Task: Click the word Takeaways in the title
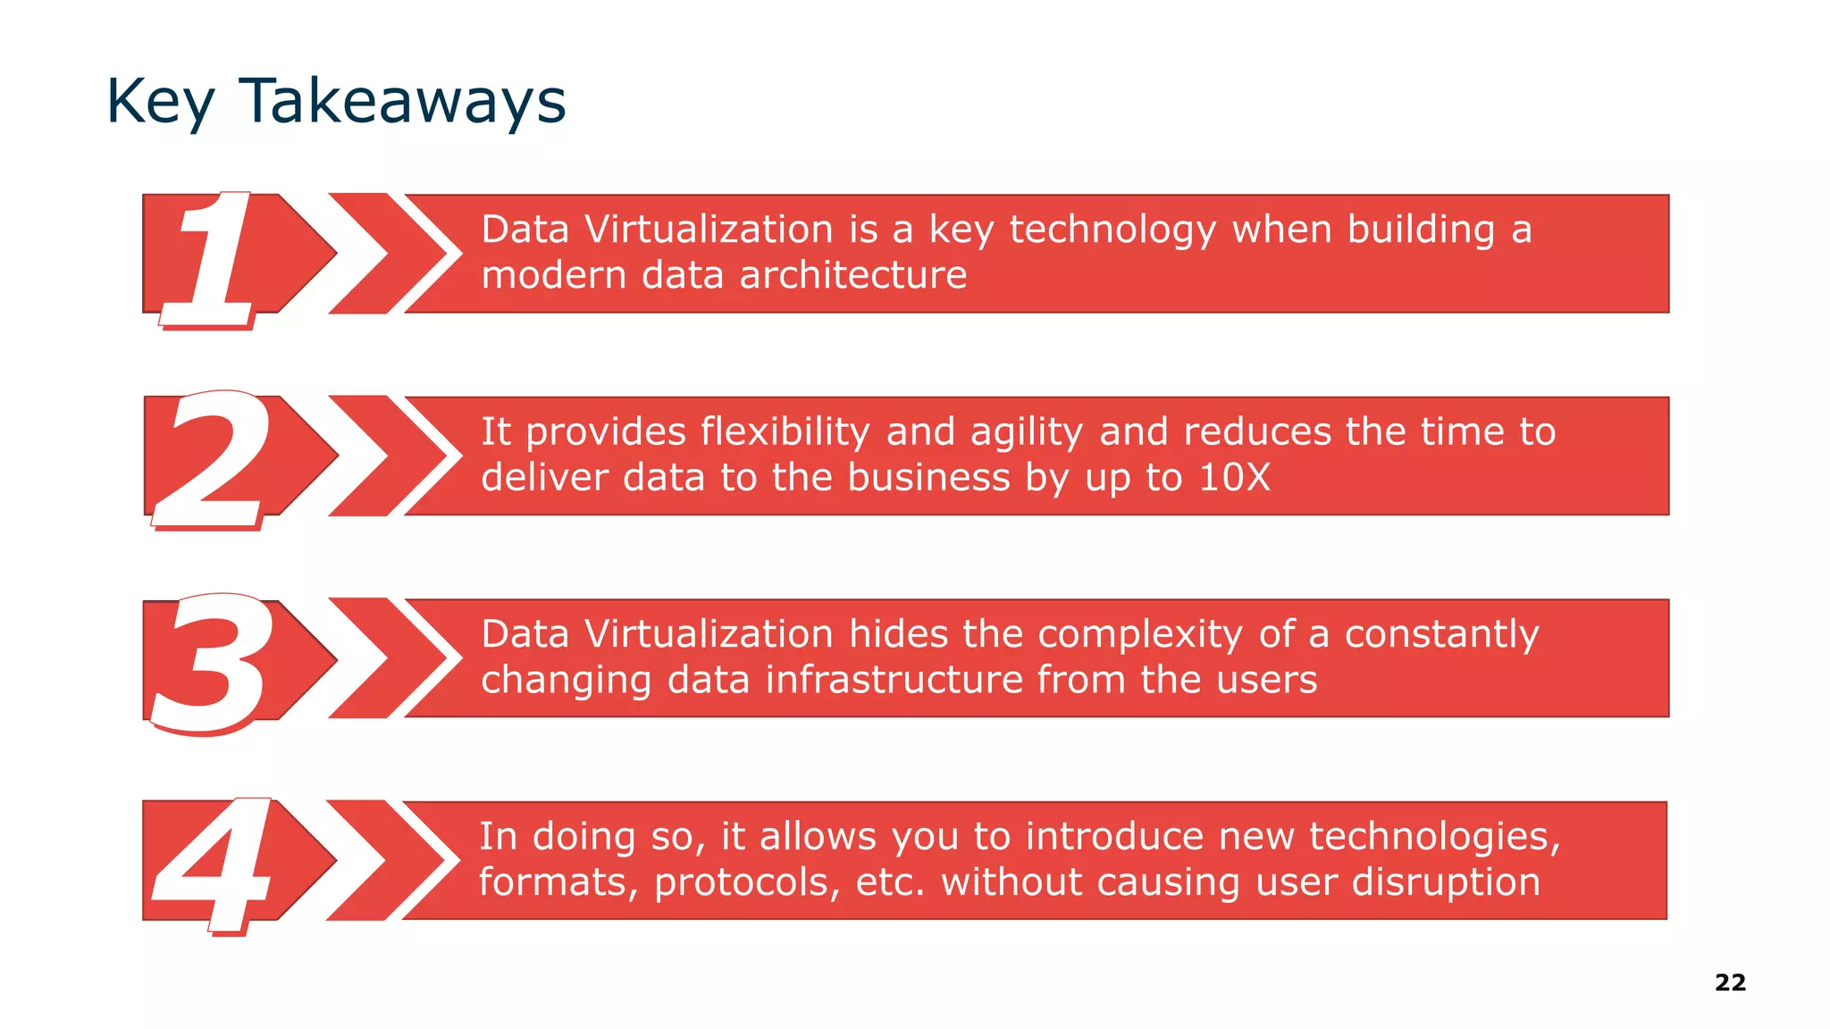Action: pos(402,101)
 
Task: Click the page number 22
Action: pos(1730,983)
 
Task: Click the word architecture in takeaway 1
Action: pos(853,275)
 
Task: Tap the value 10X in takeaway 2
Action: pos(1234,478)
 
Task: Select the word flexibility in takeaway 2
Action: pos(785,432)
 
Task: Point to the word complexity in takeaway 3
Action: pos(1140,635)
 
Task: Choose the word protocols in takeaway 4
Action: pos(747,883)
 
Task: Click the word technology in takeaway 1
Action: pos(1112,230)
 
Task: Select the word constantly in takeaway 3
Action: pos(1441,635)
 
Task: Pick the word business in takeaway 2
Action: pos(928,478)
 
